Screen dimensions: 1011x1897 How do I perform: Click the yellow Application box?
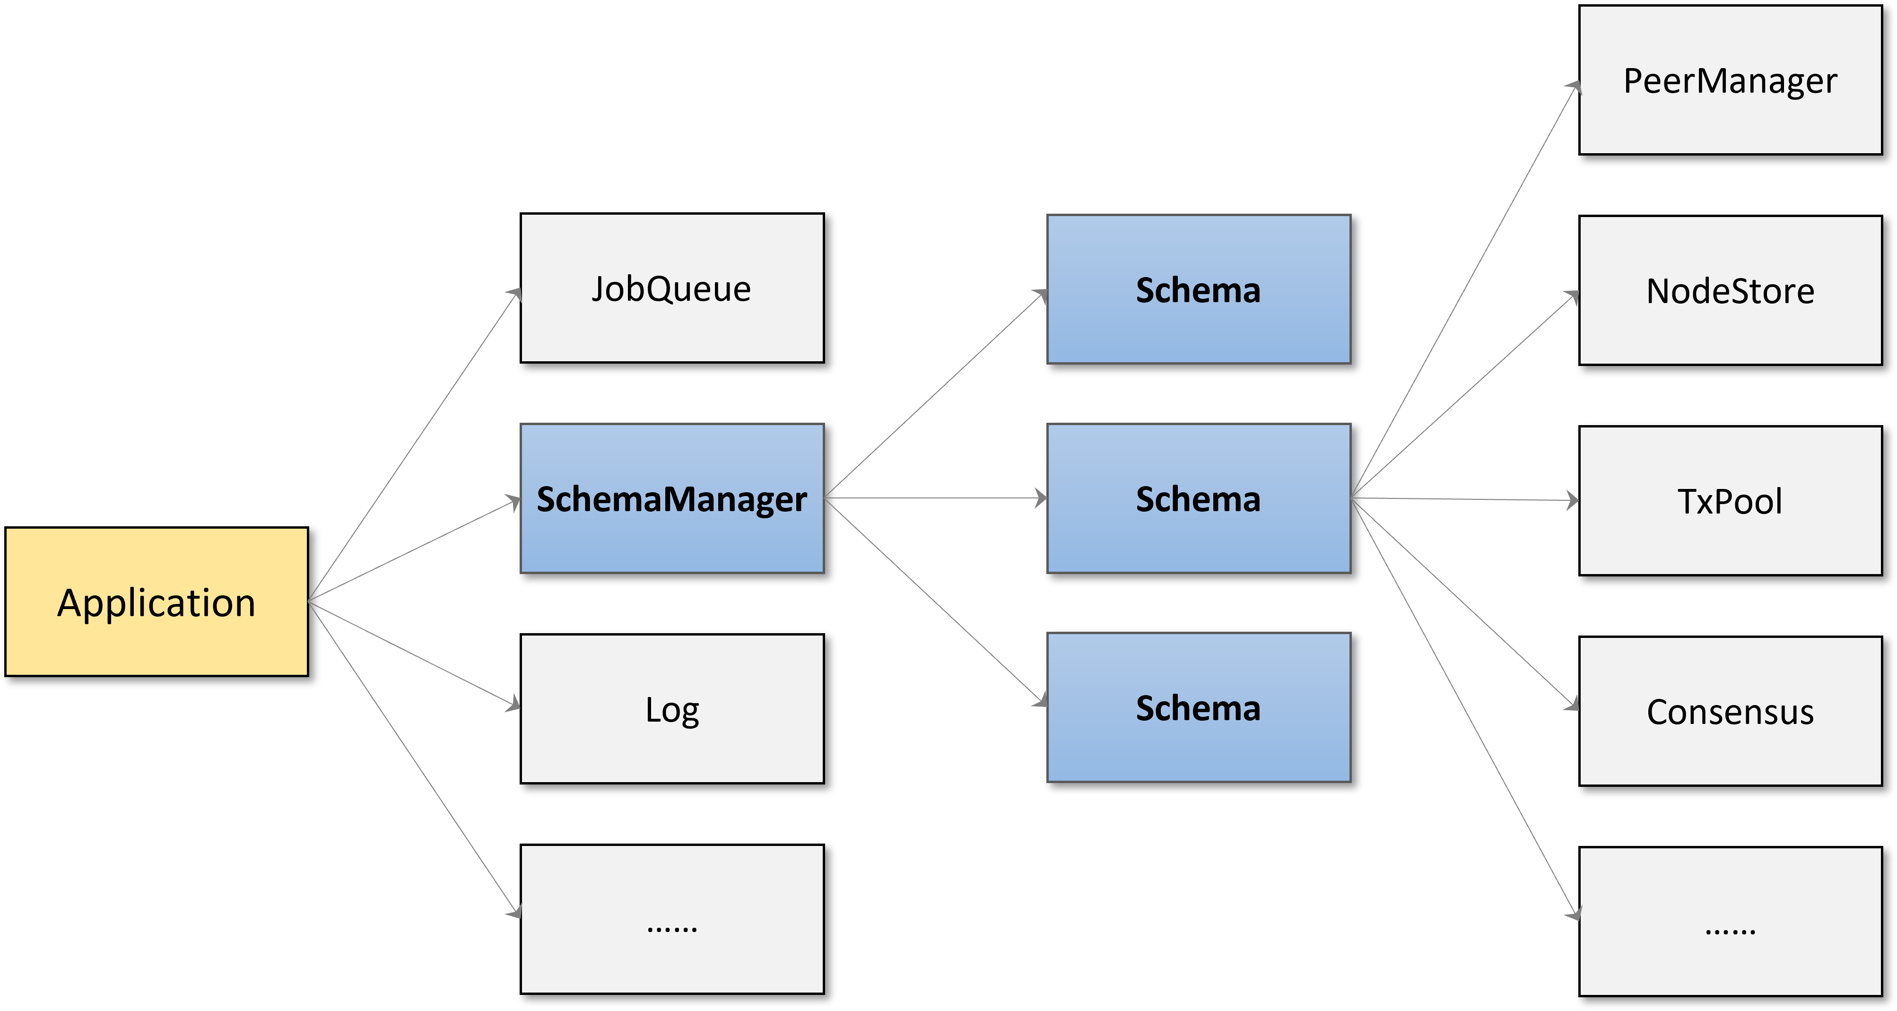(x=156, y=601)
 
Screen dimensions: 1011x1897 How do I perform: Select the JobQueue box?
(x=671, y=288)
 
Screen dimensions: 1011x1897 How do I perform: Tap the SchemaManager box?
(x=671, y=498)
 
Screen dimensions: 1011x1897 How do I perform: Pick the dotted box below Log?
(x=671, y=918)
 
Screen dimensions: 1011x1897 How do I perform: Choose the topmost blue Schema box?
(x=1198, y=288)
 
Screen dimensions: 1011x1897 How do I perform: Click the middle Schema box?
(x=1198, y=498)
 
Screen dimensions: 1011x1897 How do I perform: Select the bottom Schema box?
(x=1198, y=707)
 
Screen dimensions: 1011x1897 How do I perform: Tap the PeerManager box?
(x=1730, y=80)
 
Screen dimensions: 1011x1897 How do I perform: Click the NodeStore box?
(x=1730, y=290)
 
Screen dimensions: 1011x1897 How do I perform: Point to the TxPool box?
(x=1730, y=501)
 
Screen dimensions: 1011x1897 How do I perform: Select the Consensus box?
(x=1730, y=711)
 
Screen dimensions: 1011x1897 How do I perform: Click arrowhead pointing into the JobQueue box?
(x=515, y=294)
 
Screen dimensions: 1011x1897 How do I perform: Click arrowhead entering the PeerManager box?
(x=1575, y=87)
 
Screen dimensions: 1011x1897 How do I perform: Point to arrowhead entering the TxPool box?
(x=1573, y=501)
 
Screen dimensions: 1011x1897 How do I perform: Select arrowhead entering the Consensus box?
(x=1573, y=706)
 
